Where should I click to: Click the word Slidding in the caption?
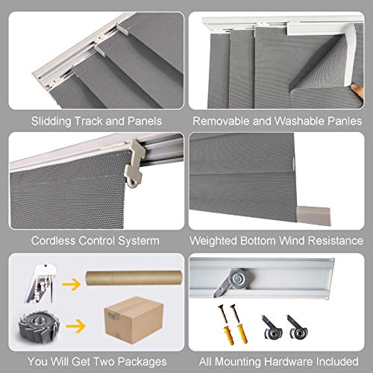click(x=49, y=120)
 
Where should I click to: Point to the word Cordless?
click(x=55, y=241)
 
